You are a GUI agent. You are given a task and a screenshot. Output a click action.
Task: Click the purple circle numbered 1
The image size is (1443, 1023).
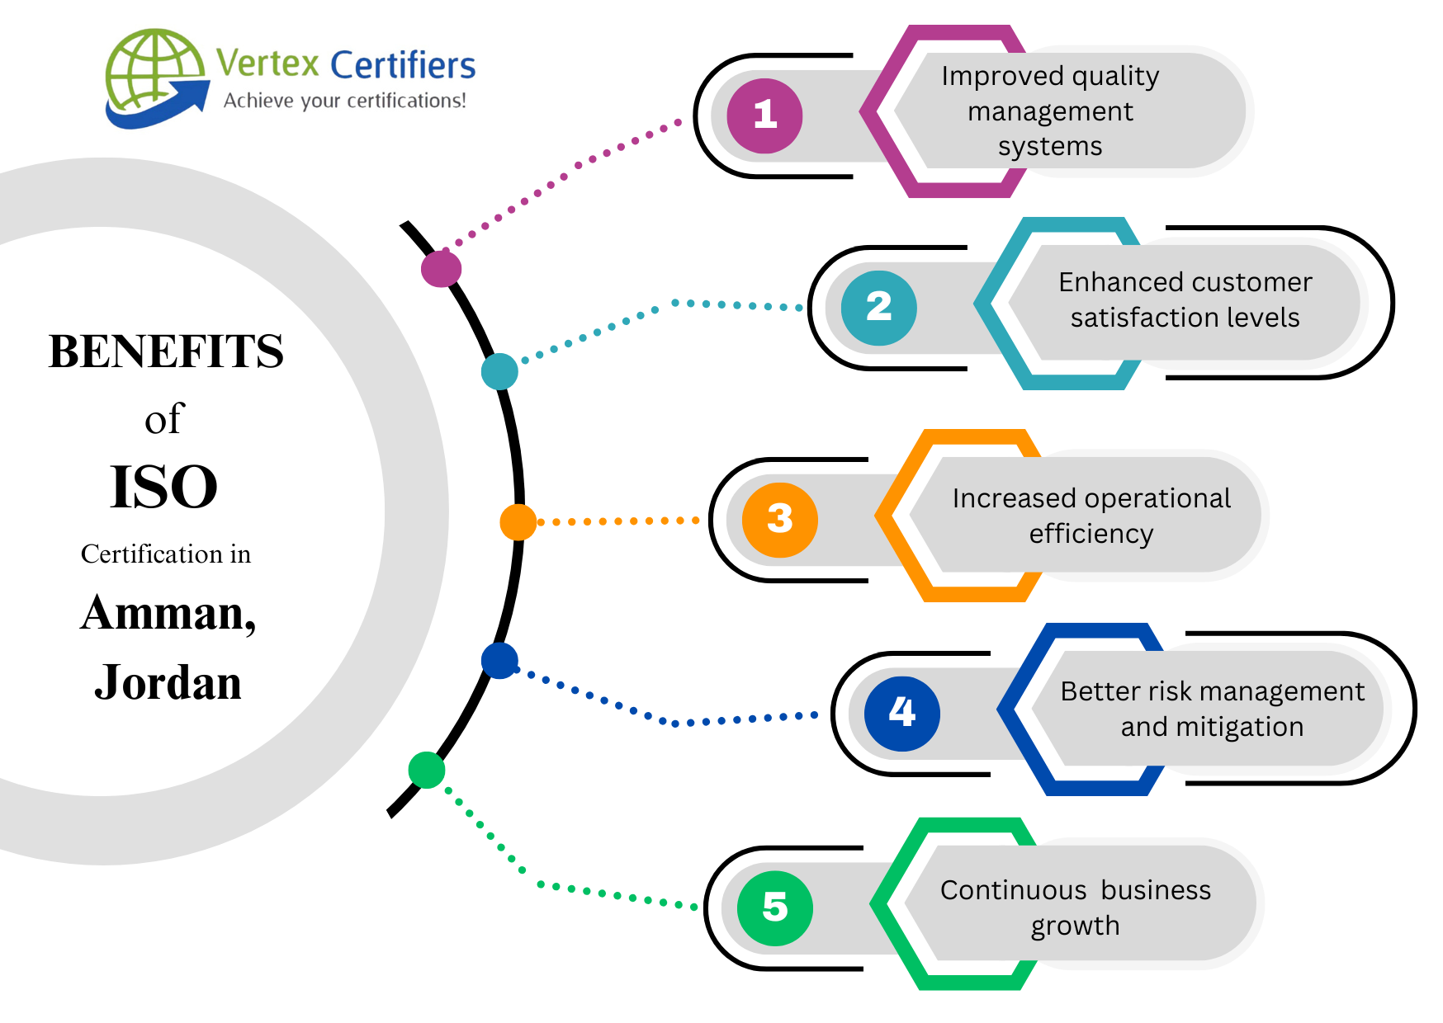[764, 115]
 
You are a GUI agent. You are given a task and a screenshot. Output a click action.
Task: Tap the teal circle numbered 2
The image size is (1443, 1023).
[878, 308]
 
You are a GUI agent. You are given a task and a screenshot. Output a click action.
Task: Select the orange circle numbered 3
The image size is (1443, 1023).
[779, 520]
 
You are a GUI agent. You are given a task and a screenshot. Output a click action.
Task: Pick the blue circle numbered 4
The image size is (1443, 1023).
[901, 713]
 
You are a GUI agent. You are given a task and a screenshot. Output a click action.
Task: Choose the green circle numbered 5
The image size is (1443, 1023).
[774, 907]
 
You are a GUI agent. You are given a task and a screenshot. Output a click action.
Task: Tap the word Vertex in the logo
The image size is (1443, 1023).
[267, 64]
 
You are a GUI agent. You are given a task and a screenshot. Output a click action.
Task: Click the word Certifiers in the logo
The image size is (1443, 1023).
[403, 65]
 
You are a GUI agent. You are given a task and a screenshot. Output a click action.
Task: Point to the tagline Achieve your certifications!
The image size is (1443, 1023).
[344, 101]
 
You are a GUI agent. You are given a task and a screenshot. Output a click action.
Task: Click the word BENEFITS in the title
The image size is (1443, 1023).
[166, 351]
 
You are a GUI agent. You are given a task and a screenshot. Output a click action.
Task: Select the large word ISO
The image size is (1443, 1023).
[163, 487]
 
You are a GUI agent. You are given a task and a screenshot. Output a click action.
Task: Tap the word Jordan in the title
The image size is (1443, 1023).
[168, 683]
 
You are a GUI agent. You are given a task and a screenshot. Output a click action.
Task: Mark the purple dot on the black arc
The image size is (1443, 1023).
[441, 268]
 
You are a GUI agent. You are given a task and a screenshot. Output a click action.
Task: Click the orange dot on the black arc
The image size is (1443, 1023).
[518, 522]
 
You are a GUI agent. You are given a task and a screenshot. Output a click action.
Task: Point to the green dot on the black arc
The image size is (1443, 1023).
[427, 770]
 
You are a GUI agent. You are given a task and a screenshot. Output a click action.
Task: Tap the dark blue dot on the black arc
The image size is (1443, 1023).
[499, 661]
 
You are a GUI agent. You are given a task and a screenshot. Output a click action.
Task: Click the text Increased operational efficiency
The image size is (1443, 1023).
[1091, 516]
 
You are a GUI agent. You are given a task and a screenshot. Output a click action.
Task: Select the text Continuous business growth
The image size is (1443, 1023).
[1075, 907]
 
